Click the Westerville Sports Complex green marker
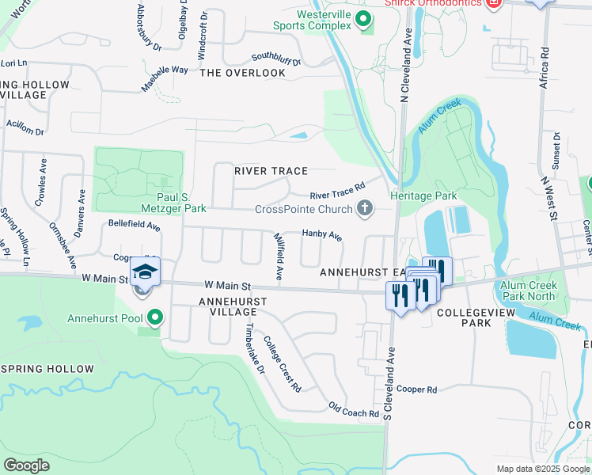364,20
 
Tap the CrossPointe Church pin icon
364,210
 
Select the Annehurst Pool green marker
156,319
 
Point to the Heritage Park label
423,196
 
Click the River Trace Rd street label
337,192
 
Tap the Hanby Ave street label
322,234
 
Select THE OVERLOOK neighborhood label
242,73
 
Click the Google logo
27,465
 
